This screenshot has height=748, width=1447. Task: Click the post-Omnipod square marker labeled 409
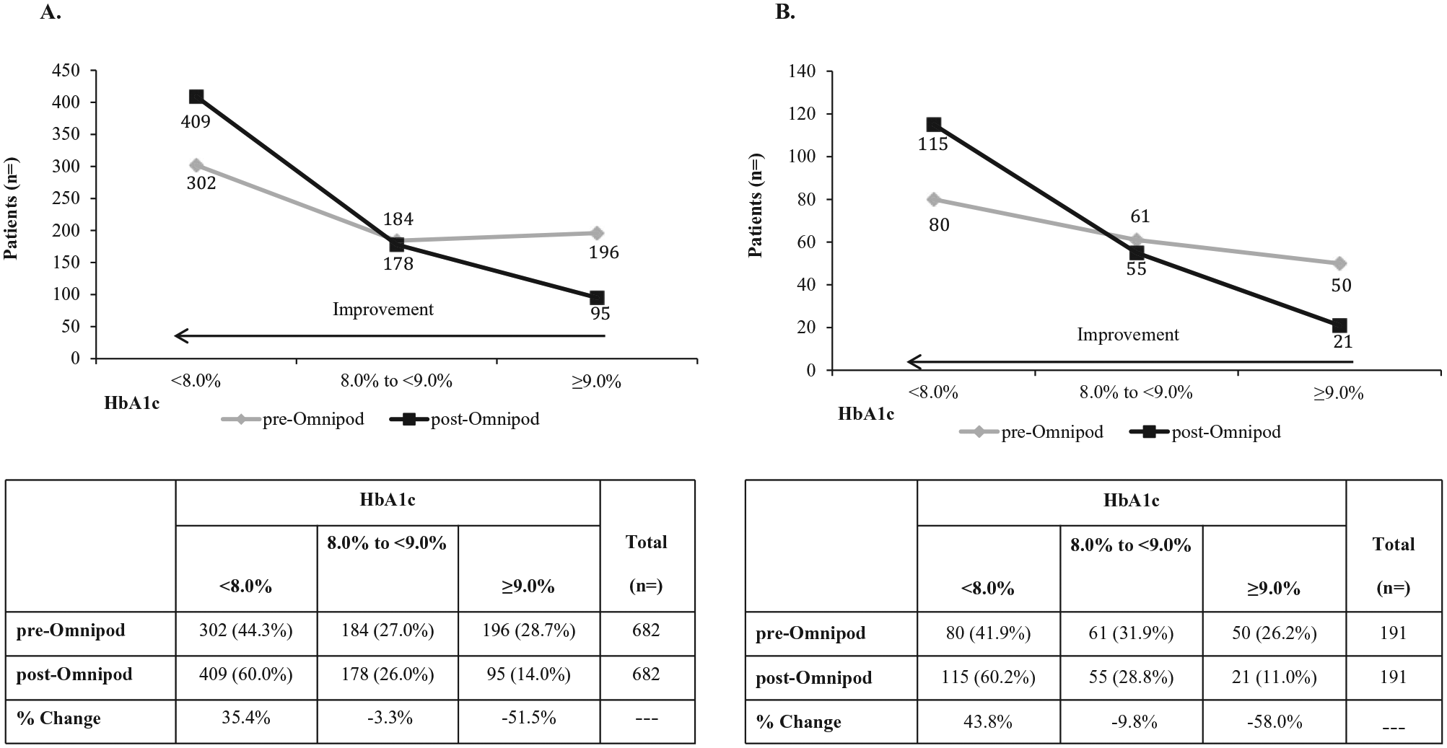click(196, 97)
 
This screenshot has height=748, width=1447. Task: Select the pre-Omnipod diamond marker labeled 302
click(196, 165)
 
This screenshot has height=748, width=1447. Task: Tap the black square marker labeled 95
click(597, 298)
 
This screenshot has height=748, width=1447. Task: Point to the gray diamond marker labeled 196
click(597, 233)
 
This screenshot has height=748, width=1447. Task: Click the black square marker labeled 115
click(934, 124)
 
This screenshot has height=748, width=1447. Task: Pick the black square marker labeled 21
click(1339, 325)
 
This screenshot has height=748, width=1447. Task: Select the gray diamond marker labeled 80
click(934, 199)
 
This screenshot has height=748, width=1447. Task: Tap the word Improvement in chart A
click(383, 309)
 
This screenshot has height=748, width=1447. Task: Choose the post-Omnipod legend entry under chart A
click(464, 419)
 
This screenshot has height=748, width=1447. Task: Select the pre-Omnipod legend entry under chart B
click(1031, 432)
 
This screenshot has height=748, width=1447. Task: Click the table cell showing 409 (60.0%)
click(246, 674)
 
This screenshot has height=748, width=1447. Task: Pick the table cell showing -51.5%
click(529, 718)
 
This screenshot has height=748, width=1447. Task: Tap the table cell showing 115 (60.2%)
click(988, 677)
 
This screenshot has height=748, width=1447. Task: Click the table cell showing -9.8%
click(1132, 721)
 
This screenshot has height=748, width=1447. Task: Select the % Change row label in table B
click(798, 722)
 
